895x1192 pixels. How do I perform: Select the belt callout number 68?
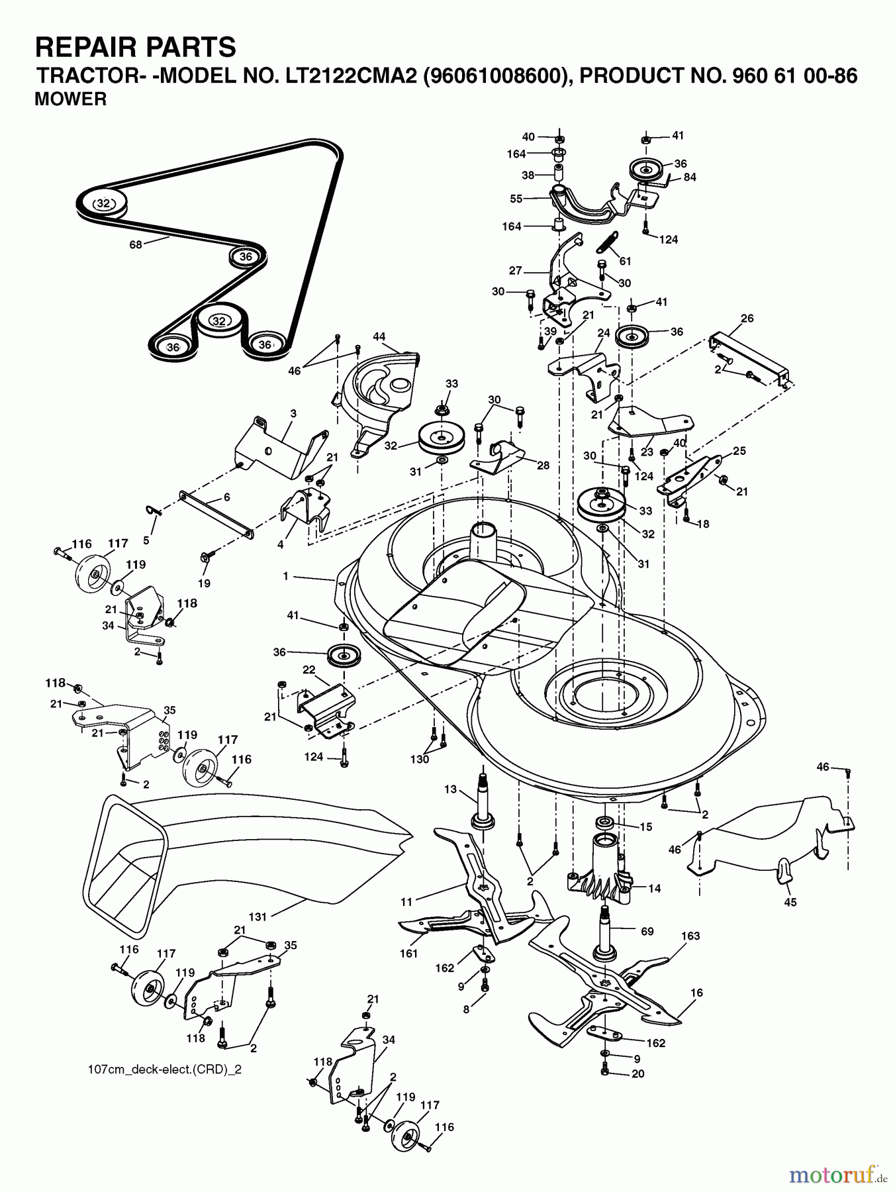click(136, 246)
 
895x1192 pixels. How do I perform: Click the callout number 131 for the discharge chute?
click(258, 917)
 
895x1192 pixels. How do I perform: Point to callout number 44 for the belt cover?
click(379, 337)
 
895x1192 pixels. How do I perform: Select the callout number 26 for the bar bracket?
click(747, 319)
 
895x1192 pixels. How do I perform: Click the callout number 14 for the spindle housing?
click(654, 889)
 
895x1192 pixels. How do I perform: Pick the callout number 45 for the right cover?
click(790, 902)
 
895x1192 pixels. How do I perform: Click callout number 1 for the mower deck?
click(286, 576)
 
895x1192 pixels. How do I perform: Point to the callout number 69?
click(647, 931)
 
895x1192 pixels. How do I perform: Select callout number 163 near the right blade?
click(690, 936)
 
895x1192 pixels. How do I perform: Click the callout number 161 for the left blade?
click(408, 954)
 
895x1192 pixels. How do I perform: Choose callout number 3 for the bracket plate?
click(293, 413)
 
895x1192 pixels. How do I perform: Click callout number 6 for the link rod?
click(227, 497)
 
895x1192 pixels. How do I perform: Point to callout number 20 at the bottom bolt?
click(637, 1073)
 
